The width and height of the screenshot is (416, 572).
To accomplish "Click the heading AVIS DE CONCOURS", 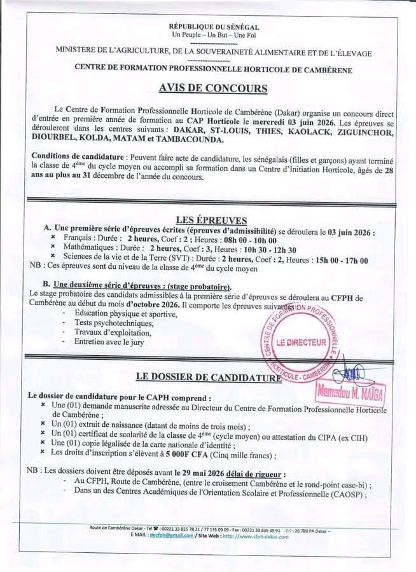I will coord(212,87).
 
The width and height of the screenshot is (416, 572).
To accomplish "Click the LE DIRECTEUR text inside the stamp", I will coord(306,342).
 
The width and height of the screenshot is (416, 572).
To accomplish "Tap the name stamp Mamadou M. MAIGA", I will coord(350,395).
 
